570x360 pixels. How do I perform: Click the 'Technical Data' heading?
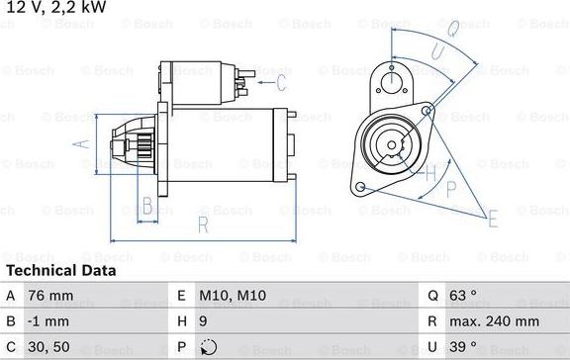(61, 270)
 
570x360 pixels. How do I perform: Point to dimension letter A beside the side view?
(82, 144)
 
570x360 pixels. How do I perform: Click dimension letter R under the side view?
(202, 225)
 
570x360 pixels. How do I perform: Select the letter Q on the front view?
(450, 29)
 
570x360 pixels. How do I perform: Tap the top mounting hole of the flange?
(393, 82)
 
